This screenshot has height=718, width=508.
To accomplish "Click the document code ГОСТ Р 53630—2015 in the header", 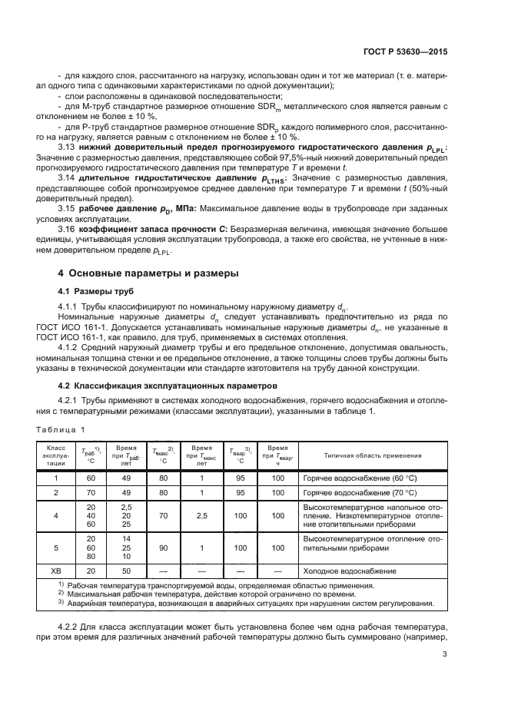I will [407, 51].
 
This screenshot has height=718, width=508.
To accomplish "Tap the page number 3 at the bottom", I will [444, 654].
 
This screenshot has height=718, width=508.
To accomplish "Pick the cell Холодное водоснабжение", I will [350, 571].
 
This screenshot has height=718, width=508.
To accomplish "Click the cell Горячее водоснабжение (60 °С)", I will [363, 478].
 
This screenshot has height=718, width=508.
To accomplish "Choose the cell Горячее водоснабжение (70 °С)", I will [363, 493].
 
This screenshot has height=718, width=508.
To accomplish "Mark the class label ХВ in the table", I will [55, 571].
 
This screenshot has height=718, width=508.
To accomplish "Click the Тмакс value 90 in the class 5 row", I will [163, 549].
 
